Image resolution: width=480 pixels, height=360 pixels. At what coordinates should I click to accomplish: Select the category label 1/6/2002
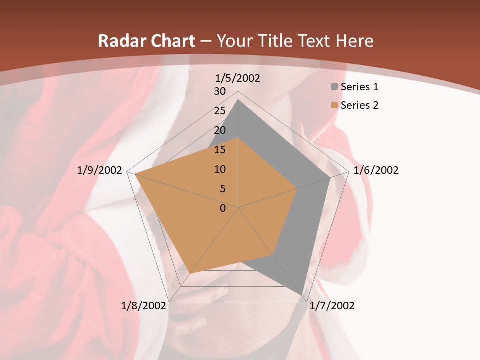coord(376,170)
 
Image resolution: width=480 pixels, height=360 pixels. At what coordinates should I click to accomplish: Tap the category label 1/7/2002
coord(332,305)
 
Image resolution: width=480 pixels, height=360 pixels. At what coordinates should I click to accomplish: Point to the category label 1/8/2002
coord(143,305)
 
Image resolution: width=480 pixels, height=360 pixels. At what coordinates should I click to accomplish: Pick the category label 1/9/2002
coord(100,170)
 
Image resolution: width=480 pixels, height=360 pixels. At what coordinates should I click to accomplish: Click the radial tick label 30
coord(220,91)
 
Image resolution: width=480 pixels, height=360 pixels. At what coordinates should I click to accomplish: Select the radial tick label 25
coord(220,111)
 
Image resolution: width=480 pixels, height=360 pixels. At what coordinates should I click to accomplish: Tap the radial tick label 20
coord(220,130)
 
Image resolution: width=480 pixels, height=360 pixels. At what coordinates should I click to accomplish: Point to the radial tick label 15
coord(220,150)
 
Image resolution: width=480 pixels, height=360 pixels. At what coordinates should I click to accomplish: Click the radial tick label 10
coord(220,169)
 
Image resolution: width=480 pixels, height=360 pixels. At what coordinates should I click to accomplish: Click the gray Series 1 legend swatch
coord(334,87)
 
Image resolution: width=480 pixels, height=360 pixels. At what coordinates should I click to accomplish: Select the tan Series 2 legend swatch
coord(334,105)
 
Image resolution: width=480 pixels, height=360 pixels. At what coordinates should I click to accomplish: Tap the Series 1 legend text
coord(359,87)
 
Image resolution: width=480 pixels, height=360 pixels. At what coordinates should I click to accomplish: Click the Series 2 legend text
coord(359,105)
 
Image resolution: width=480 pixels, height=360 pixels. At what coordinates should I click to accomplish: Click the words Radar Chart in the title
coord(146,41)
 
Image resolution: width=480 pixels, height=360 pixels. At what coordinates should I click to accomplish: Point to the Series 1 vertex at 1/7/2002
coord(302,295)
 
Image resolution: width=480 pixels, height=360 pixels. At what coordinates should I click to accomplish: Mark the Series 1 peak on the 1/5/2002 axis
coord(238,99)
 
